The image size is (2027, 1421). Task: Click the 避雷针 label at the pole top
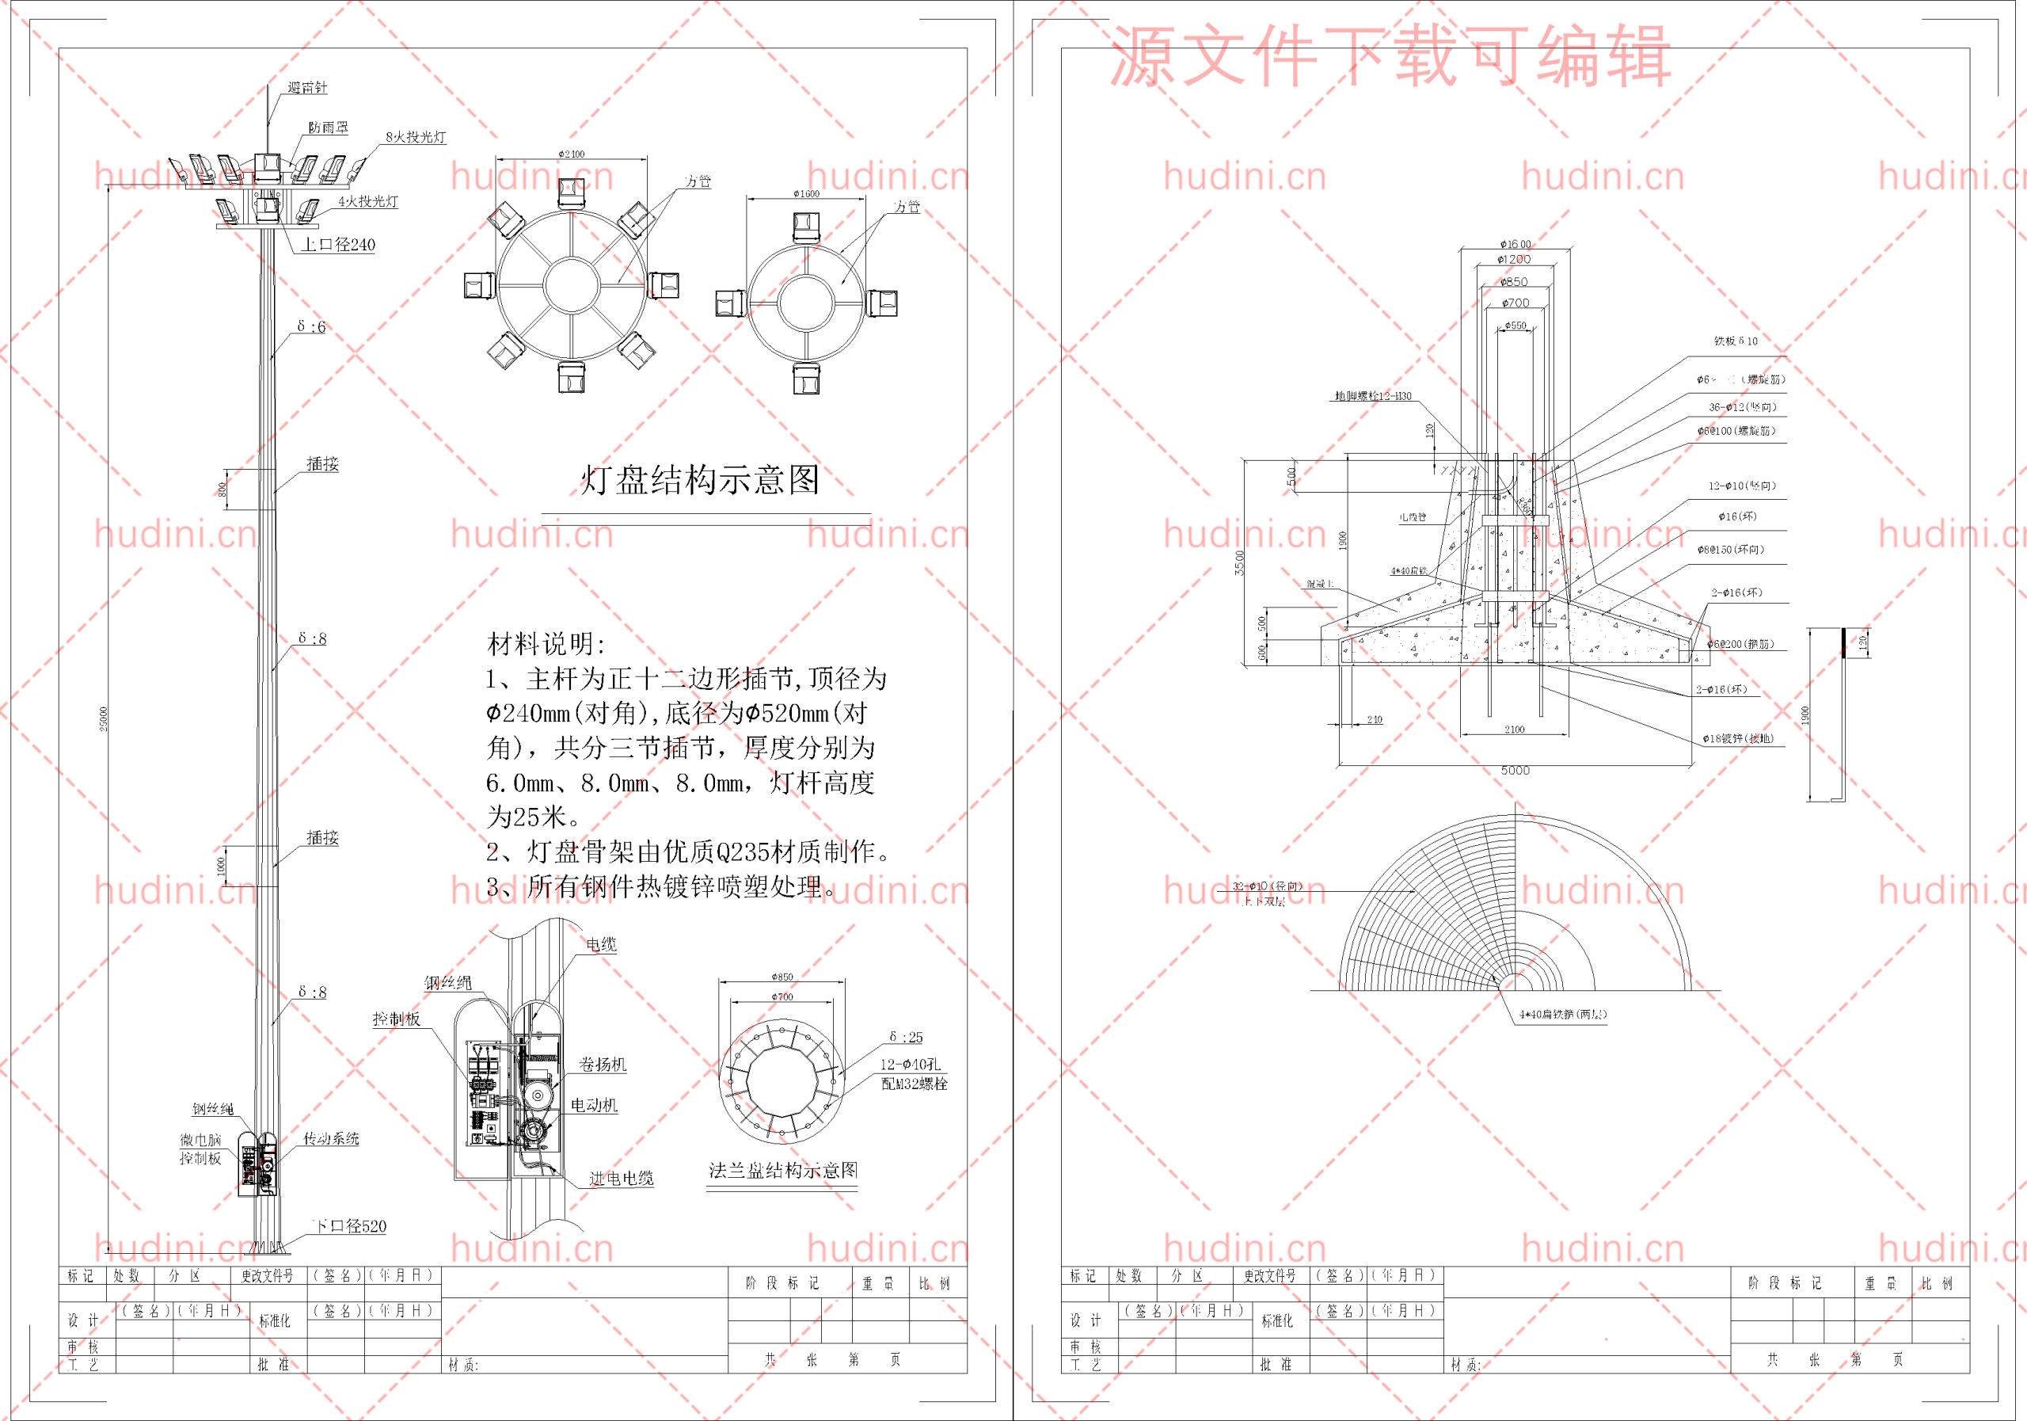click(307, 87)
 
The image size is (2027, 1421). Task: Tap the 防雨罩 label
click(329, 128)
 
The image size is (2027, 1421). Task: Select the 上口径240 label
click(338, 245)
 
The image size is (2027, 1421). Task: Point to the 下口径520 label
click(351, 1226)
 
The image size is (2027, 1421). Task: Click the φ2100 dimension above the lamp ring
click(571, 154)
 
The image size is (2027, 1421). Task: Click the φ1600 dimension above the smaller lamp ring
click(806, 193)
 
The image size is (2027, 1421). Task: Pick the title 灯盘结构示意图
click(700, 479)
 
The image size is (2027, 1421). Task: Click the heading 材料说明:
click(546, 644)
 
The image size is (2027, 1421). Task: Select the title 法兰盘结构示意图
click(783, 1170)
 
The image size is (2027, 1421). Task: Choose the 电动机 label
click(594, 1105)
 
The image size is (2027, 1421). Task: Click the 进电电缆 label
click(622, 1178)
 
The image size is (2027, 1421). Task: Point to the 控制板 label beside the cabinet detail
click(397, 1019)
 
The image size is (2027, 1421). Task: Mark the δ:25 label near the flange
click(906, 1037)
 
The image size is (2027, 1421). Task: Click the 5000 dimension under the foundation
click(1515, 770)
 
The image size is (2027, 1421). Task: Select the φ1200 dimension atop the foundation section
click(1514, 260)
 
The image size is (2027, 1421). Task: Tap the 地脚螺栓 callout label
click(1373, 396)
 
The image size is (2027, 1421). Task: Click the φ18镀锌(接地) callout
click(1737, 738)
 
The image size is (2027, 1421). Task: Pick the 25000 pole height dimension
click(103, 718)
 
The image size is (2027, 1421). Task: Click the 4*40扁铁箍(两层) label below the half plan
click(1563, 1014)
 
